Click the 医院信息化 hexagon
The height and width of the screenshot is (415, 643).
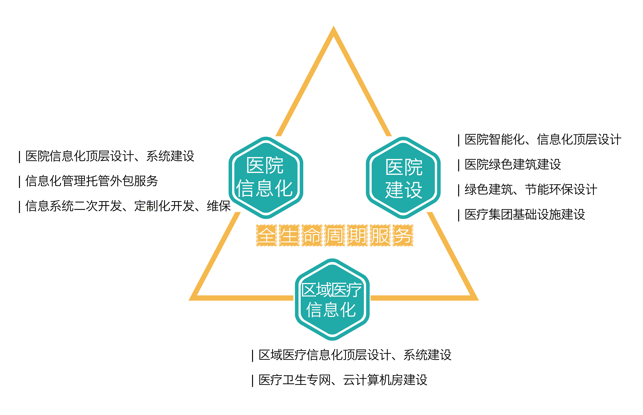click(x=266, y=178)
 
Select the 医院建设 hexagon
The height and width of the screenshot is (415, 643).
click(x=403, y=178)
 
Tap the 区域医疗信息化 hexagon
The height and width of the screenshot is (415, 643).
click(x=332, y=299)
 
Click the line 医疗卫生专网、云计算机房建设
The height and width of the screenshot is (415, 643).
click(x=343, y=380)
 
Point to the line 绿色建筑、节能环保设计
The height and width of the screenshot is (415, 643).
click(x=531, y=189)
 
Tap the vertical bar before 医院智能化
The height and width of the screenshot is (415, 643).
click(x=459, y=140)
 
